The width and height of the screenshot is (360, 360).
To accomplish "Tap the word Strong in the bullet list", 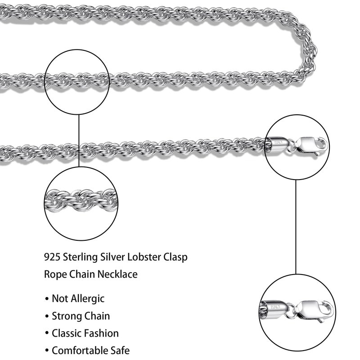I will point(66,316).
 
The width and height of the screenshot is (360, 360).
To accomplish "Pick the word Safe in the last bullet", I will point(121,350).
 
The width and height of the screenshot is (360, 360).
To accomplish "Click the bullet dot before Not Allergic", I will point(47,299).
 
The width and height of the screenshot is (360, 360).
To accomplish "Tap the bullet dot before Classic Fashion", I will point(47,334).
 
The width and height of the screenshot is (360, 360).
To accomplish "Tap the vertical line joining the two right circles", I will point(296,225).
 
